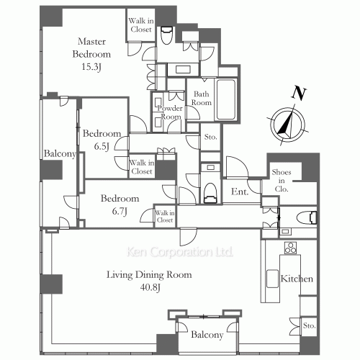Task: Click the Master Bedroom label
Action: [x=91, y=48]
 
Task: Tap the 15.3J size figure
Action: [x=91, y=67]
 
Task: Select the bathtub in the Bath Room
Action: [x=226, y=99]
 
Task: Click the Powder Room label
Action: [x=170, y=112]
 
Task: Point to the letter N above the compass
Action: [x=299, y=94]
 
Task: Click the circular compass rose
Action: [x=288, y=125]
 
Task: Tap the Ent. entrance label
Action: [x=240, y=192]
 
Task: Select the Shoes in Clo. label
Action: [x=282, y=181]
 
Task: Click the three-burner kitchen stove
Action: [x=290, y=248]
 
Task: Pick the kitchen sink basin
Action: [x=272, y=279]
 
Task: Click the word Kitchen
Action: [x=297, y=279]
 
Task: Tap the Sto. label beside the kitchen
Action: [x=309, y=325]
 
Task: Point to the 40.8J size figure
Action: [x=150, y=287]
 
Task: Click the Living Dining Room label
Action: [x=149, y=274]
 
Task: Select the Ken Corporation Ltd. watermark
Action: [x=179, y=252]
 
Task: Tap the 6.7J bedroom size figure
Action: [x=120, y=211]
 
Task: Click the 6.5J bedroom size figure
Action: [x=102, y=146]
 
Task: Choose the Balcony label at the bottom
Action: [x=207, y=335]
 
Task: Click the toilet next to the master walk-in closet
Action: [x=166, y=35]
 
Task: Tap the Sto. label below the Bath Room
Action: [x=210, y=137]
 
